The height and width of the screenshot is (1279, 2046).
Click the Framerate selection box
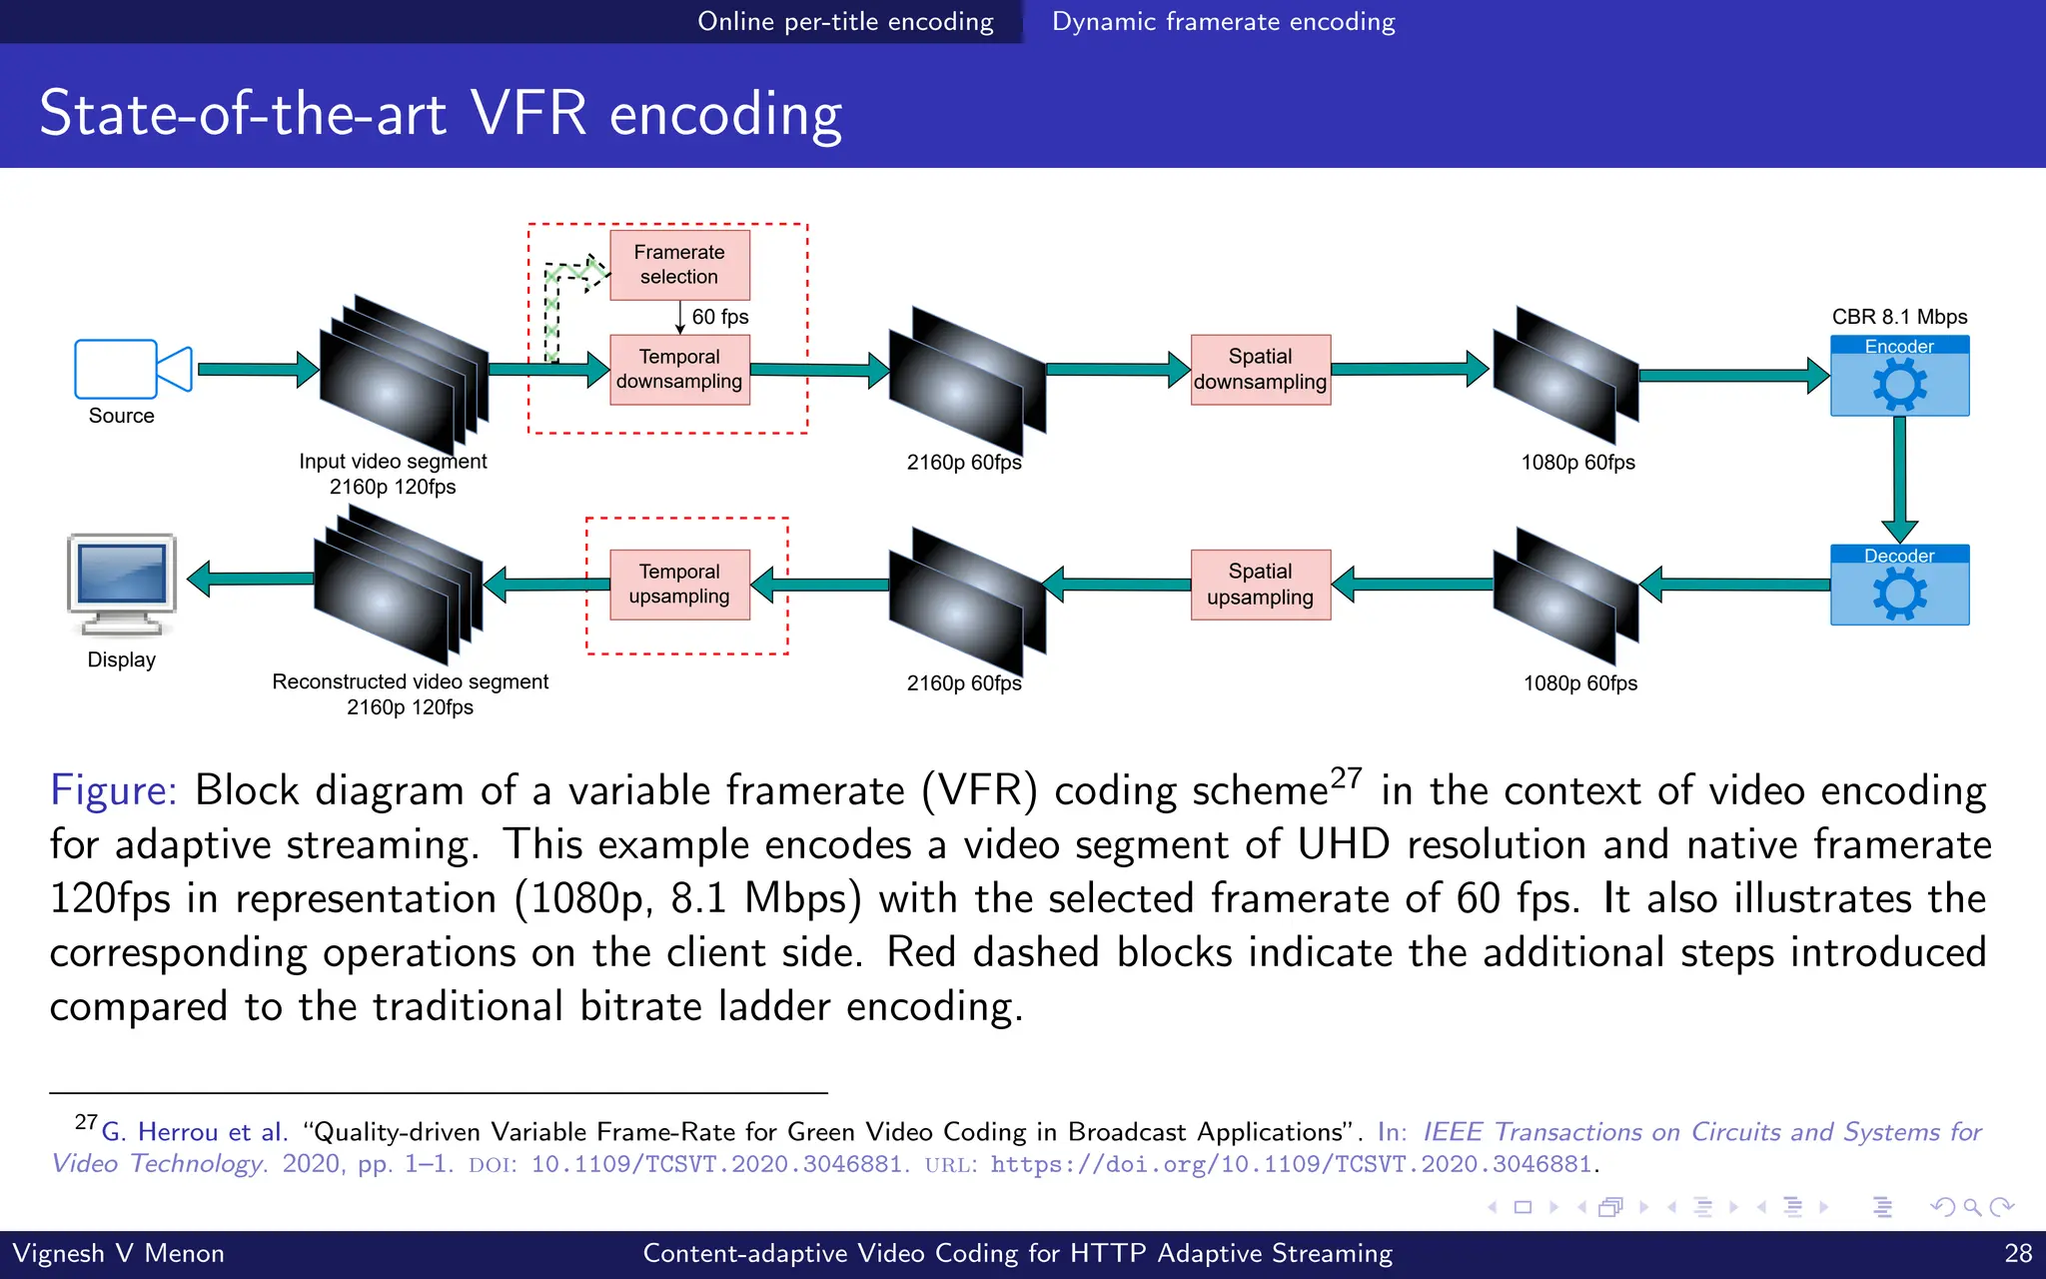click(x=679, y=265)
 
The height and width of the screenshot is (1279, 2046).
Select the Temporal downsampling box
click(x=679, y=370)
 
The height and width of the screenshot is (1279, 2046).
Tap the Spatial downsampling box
click(x=1260, y=370)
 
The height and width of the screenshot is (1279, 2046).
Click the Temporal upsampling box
click(x=679, y=585)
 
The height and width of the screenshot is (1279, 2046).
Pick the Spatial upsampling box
click(x=1260, y=585)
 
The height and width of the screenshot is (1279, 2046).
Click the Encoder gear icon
click(x=1899, y=386)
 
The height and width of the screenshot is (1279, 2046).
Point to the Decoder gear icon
click(x=1899, y=595)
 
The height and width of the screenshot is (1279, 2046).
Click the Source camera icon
click(x=132, y=369)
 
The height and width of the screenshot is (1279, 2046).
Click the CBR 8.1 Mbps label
click(x=1899, y=317)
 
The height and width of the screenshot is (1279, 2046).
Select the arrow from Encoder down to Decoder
click(x=1899, y=480)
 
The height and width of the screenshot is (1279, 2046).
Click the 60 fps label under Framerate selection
click(x=719, y=317)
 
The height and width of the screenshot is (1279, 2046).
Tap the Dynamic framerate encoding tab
click(x=1223, y=21)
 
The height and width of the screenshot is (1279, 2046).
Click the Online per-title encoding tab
click(x=845, y=21)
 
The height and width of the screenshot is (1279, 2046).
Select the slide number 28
click(x=2018, y=1253)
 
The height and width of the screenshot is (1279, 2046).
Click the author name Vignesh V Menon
click(x=118, y=1253)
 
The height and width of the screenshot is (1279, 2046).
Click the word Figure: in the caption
click(x=113, y=790)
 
